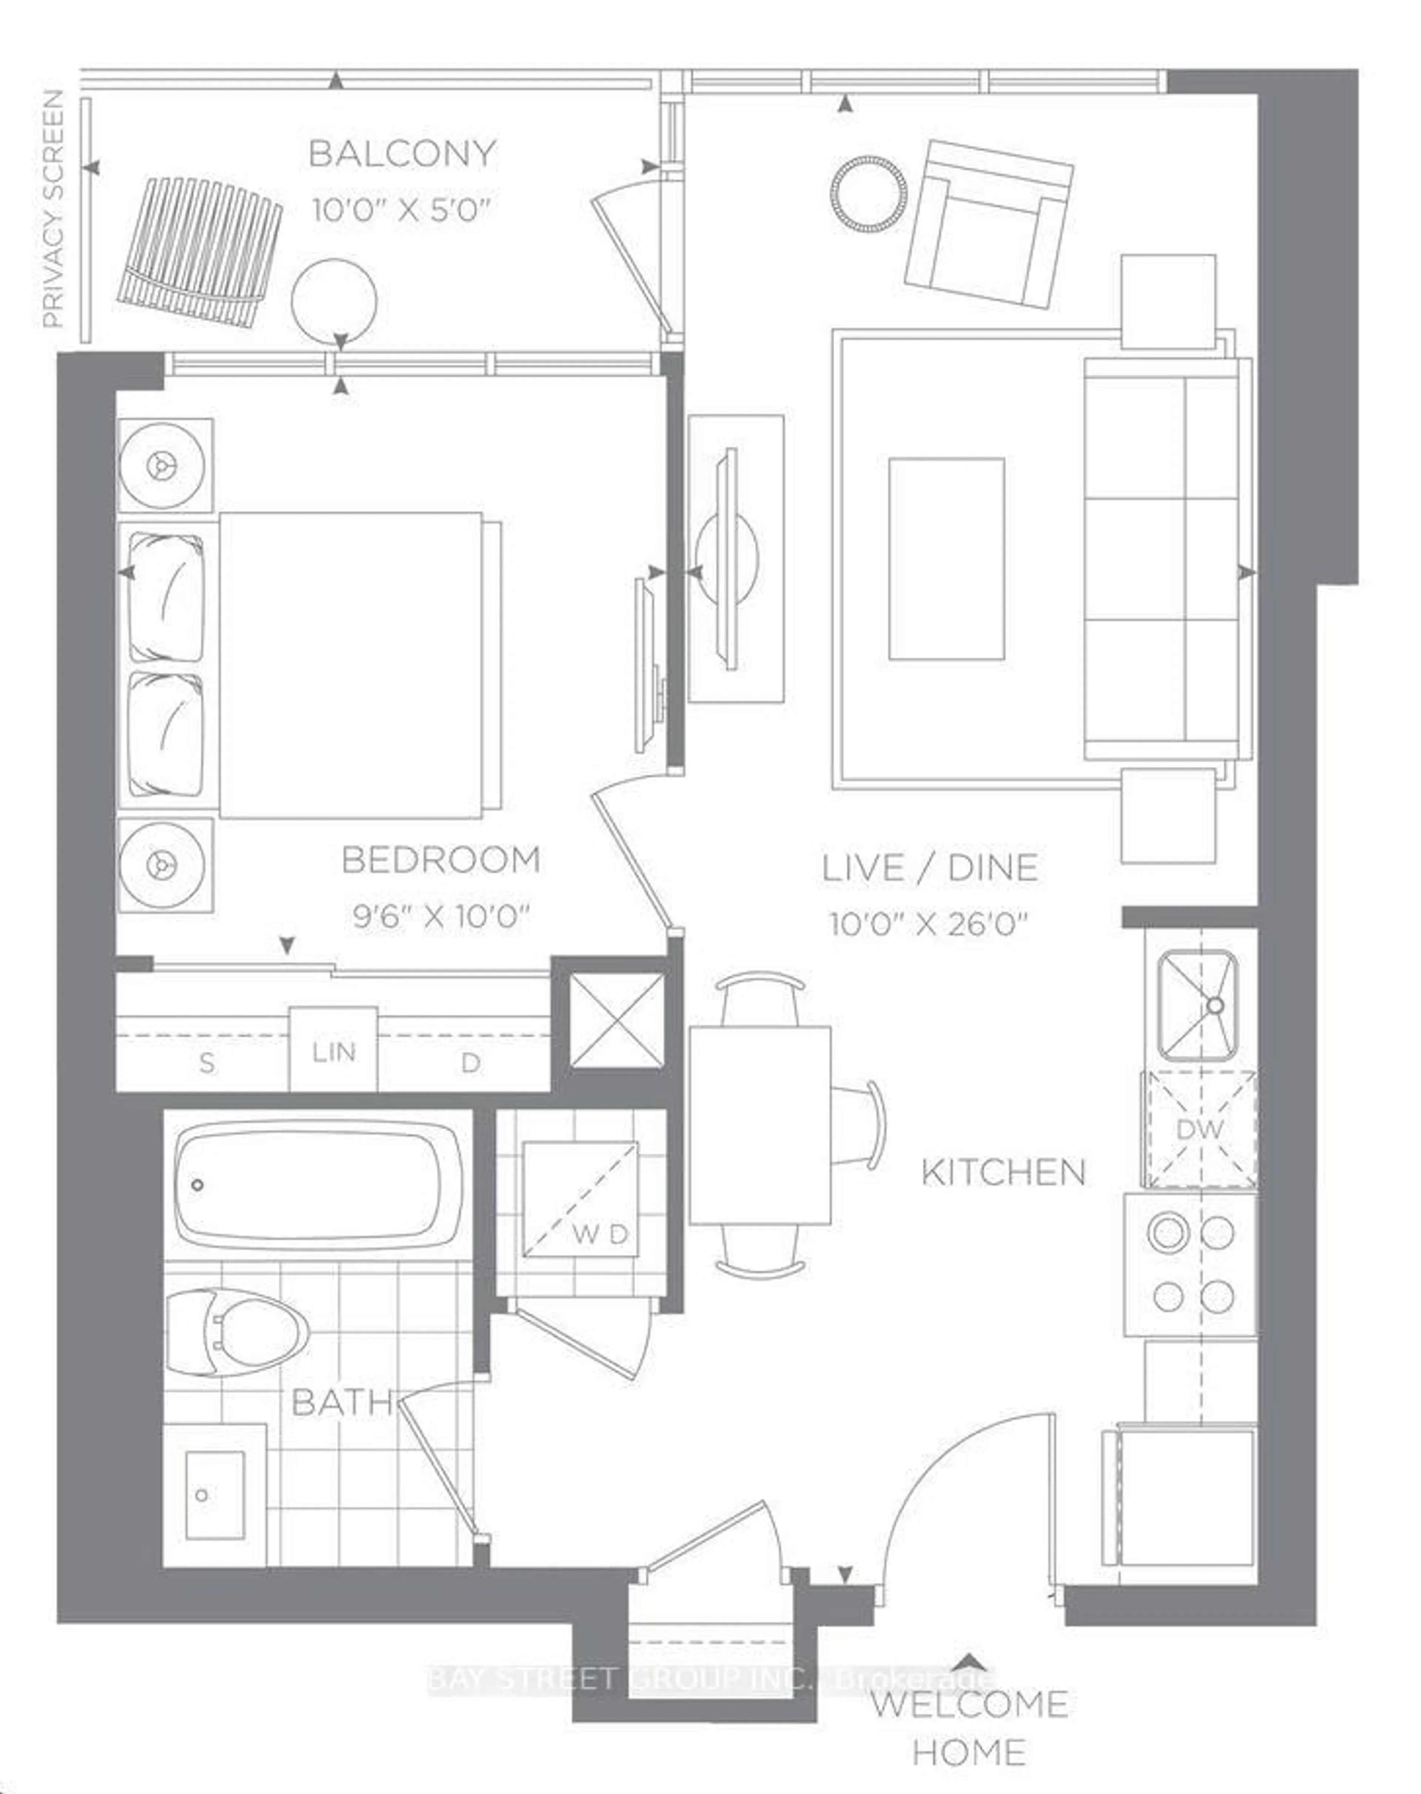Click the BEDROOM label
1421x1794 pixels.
(x=441, y=859)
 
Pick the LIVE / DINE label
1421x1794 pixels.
(x=929, y=868)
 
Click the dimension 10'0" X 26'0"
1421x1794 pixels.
(x=929, y=923)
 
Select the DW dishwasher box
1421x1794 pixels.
(x=1199, y=1129)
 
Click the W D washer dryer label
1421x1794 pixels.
(x=599, y=1235)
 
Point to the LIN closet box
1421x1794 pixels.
(x=334, y=1051)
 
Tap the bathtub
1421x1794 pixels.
(x=319, y=1183)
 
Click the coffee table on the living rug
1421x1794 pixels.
(x=946, y=559)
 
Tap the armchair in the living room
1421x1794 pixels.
(x=988, y=225)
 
